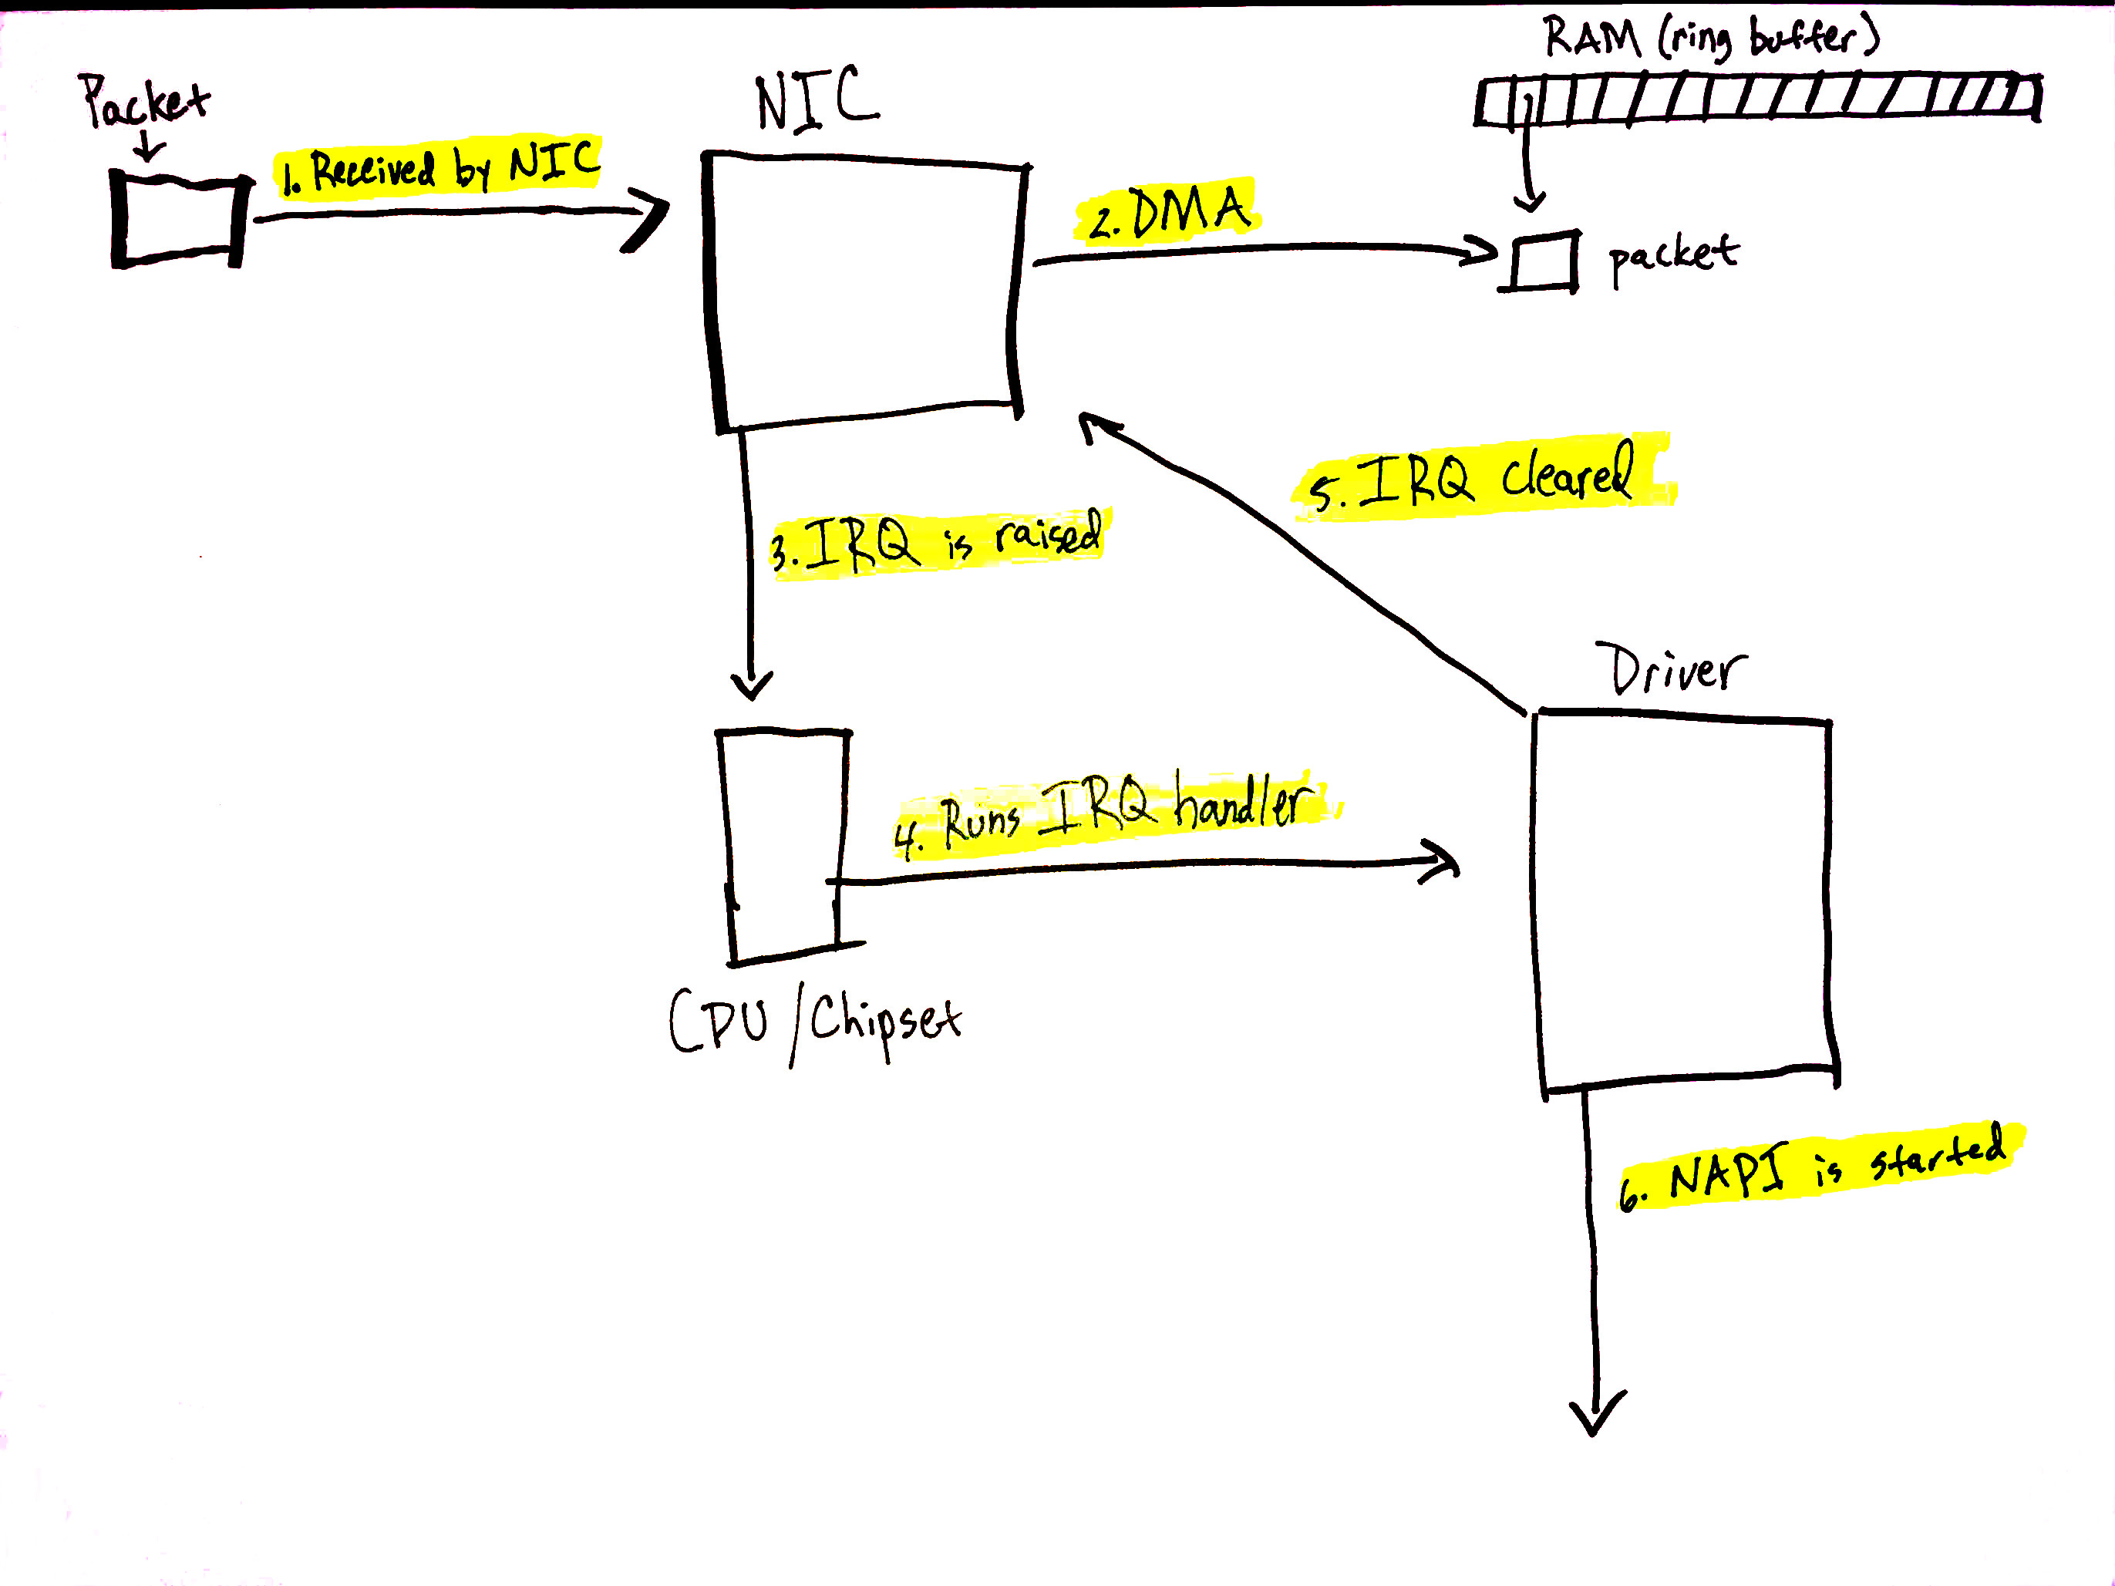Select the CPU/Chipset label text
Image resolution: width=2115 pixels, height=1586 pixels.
pos(815,1023)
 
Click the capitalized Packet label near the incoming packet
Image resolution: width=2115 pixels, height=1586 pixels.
pos(143,100)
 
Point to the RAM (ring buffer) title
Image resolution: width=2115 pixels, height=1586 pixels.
pos(1710,36)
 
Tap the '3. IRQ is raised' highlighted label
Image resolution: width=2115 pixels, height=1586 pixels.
pos(937,543)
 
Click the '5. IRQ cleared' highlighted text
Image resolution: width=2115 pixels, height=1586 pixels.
pos(1477,478)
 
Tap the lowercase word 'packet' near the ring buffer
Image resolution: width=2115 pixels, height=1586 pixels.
pos(1673,256)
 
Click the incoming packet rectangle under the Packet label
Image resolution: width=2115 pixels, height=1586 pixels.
pos(178,220)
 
